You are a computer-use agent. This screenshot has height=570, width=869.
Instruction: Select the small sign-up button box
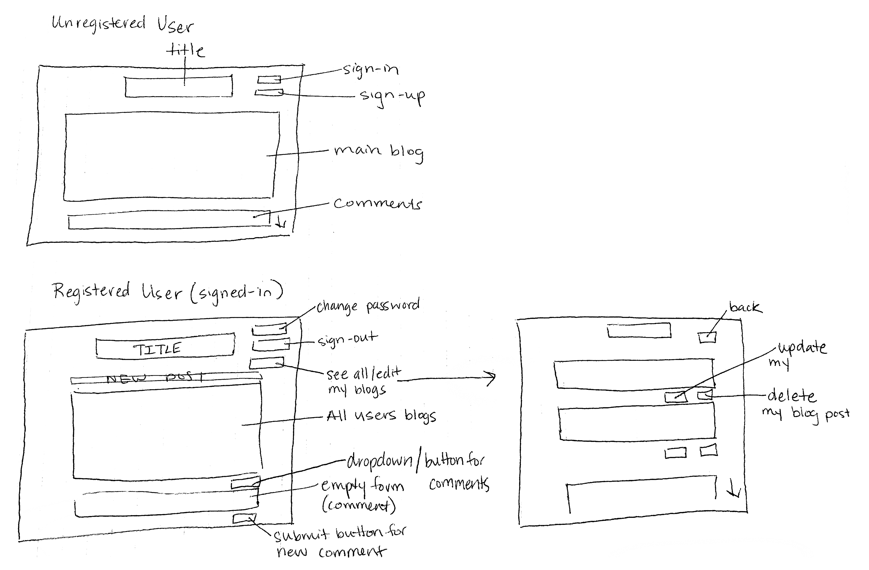point(269,92)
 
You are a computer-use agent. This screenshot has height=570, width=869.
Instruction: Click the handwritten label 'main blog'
point(379,152)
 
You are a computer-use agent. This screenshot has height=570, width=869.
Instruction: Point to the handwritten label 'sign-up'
point(393,97)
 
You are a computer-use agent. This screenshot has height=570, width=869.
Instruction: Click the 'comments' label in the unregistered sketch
point(378,204)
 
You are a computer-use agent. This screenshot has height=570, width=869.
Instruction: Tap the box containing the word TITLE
point(165,346)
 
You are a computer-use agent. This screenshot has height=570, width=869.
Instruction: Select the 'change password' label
point(368,306)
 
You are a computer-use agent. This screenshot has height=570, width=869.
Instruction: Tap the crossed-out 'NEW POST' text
point(155,377)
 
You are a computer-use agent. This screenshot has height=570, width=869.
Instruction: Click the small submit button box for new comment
point(244,518)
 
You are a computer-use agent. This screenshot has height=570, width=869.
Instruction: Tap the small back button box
point(707,337)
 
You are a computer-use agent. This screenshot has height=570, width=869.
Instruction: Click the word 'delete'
point(791,396)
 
